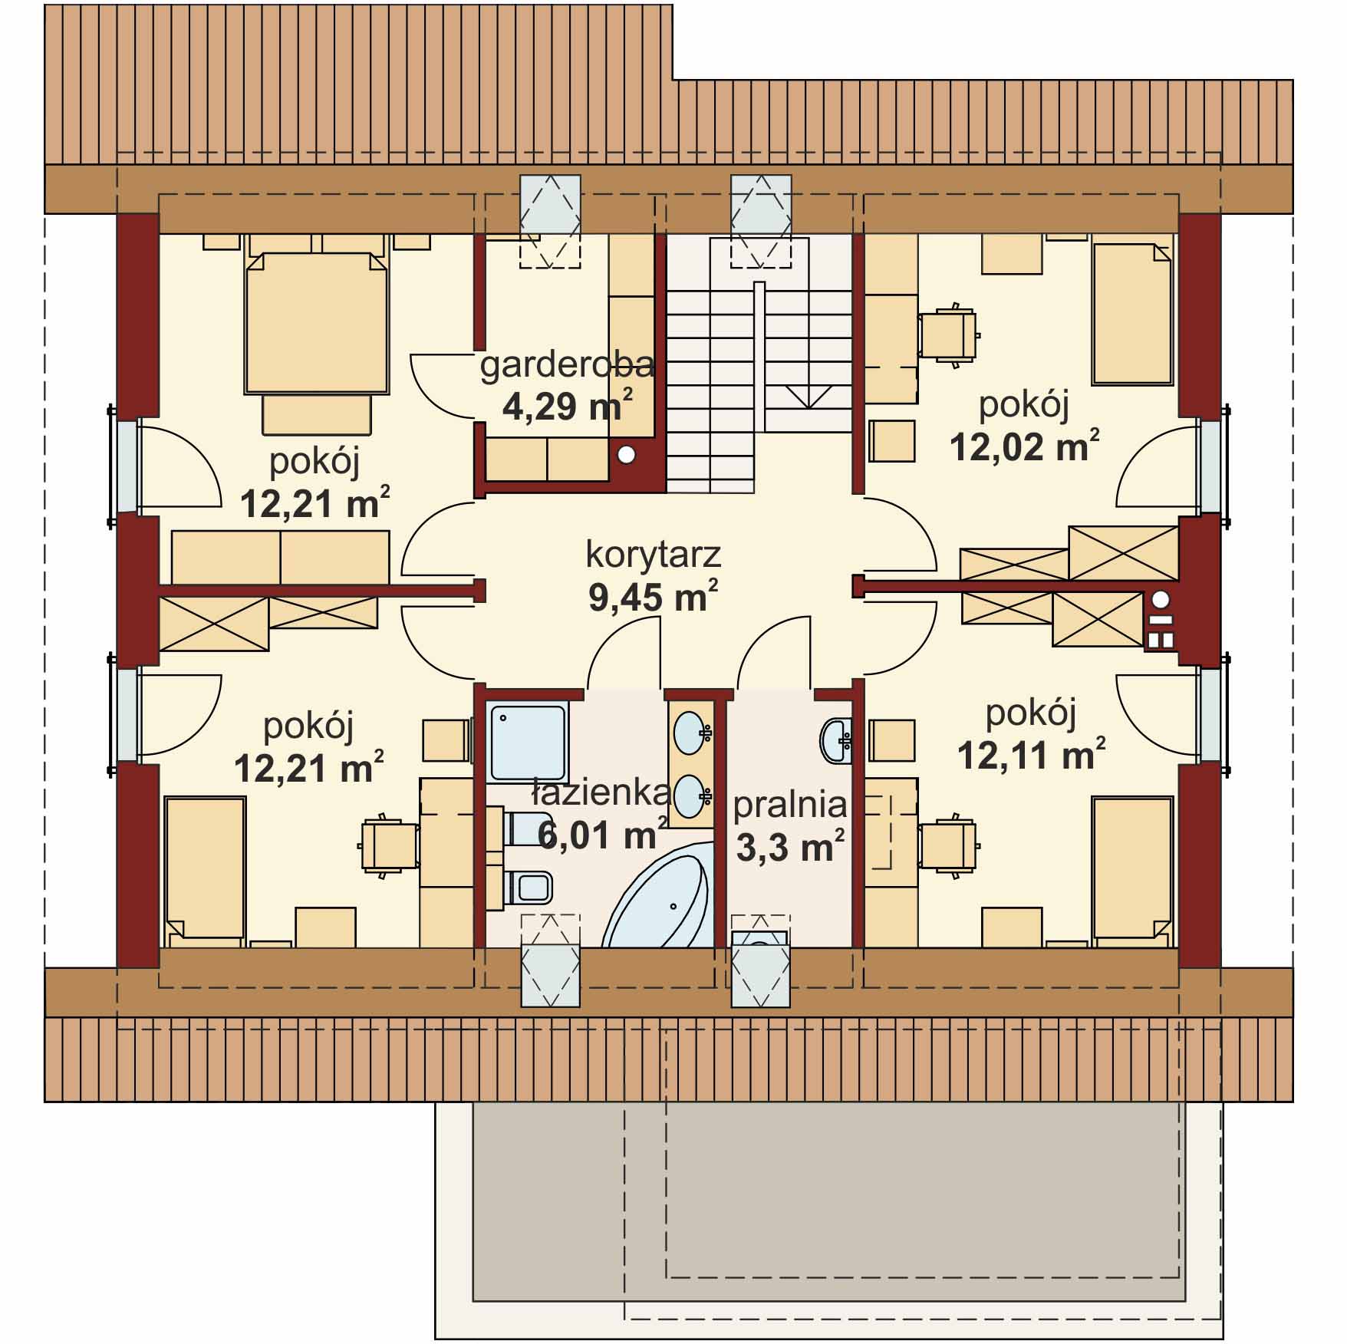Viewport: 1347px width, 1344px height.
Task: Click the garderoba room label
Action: pyautogui.click(x=567, y=366)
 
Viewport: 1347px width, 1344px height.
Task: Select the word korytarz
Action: pyautogui.click(x=653, y=555)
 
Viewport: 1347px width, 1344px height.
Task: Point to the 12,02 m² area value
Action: pyautogui.click(x=1024, y=446)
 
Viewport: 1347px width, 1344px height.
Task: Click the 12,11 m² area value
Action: pyautogui.click(x=1031, y=756)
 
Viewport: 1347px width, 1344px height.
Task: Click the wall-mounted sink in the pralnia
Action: pyautogui.click(x=836, y=741)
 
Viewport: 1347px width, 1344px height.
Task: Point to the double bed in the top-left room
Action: pyautogui.click(x=315, y=322)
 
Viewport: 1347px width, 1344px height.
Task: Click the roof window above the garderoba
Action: pyautogui.click(x=550, y=221)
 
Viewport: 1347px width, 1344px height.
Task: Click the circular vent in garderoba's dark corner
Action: pyautogui.click(x=627, y=455)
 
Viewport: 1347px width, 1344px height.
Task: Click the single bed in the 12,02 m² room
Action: pyautogui.click(x=1132, y=314)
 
